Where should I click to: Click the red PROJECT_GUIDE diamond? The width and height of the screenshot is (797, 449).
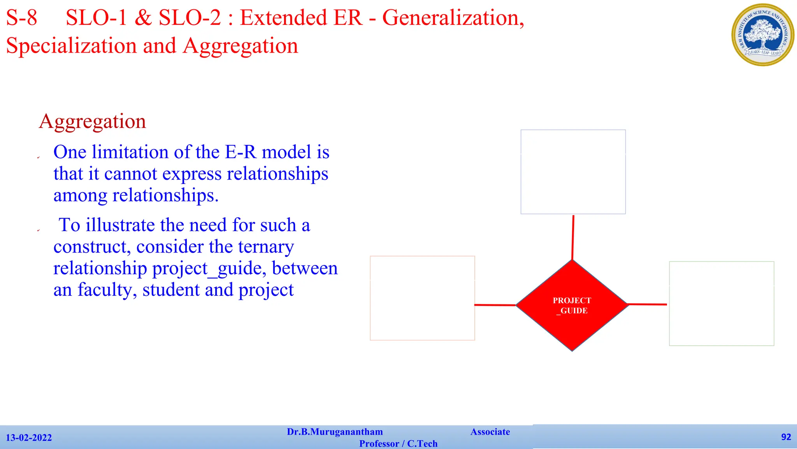[572, 306]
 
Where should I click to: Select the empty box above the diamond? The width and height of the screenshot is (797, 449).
[573, 172]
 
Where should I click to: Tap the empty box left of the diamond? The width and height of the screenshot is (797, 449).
[422, 298]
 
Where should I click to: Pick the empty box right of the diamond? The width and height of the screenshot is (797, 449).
[722, 304]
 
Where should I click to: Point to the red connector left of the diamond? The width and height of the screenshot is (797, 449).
[495, 305]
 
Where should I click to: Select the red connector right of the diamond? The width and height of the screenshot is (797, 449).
[647, 304]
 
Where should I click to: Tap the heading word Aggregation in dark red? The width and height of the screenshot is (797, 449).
[93, 121]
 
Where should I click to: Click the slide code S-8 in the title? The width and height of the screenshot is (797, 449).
[22, 18]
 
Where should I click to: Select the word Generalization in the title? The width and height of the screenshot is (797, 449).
[453, 18]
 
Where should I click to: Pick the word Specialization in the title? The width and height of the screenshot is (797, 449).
[71, 46]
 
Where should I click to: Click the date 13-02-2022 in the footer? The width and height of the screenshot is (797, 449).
[29, 438]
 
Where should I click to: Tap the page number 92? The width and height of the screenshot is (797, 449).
[786, 437]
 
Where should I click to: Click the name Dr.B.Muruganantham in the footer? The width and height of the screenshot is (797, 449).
[335, 432]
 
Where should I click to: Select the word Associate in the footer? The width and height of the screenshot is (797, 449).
[490, 432]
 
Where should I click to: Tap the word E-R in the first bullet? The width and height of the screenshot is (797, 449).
[241, 152]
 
